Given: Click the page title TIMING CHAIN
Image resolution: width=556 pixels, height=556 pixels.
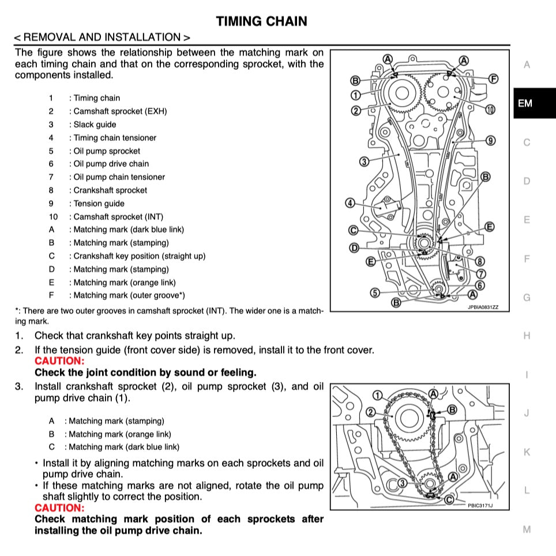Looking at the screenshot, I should coord(261,21).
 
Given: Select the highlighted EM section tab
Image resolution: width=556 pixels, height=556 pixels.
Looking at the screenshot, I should coord(525,104).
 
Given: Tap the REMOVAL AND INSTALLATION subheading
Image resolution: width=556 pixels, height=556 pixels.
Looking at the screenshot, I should coord(102,37).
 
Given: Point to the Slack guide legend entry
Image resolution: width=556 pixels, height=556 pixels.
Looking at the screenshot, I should coord(95,125).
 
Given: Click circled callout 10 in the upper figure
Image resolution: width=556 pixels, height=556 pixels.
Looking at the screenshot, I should coord(490,109).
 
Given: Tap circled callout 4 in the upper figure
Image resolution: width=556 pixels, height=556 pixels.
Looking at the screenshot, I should coord(350,203).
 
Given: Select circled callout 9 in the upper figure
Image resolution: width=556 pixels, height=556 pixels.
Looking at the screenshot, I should coord(490,140).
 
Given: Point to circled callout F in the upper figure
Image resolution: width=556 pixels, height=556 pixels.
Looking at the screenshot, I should coord(493,78).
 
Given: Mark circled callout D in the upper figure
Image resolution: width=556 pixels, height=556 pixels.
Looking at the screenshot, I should coord(354,248).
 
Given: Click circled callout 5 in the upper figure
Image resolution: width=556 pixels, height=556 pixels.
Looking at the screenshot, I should coord(375,292).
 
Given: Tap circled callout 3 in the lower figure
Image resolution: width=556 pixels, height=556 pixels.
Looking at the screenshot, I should coord(403,482).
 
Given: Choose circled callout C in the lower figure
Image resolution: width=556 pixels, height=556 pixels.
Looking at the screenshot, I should coord(449,498).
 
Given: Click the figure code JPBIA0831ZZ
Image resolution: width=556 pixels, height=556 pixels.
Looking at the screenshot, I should coord(487,307).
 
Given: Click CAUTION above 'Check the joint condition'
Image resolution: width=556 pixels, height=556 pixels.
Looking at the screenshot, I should coord(59,361).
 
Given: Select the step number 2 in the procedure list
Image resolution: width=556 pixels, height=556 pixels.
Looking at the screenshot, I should coord(19,350).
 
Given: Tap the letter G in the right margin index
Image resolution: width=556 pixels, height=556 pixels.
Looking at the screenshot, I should coord(526,298).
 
